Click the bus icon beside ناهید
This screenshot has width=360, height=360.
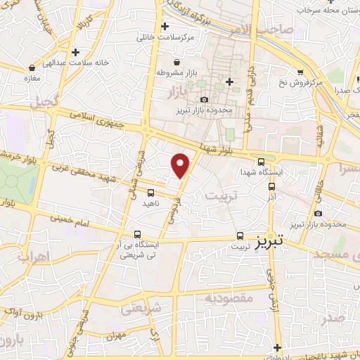pyautogui.click(x=150, y=192)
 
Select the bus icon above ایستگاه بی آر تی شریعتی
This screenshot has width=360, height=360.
pyautogui.click(x=137, y=235)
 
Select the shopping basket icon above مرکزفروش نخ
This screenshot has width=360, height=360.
pyautogui.click(x=300, y=72)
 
